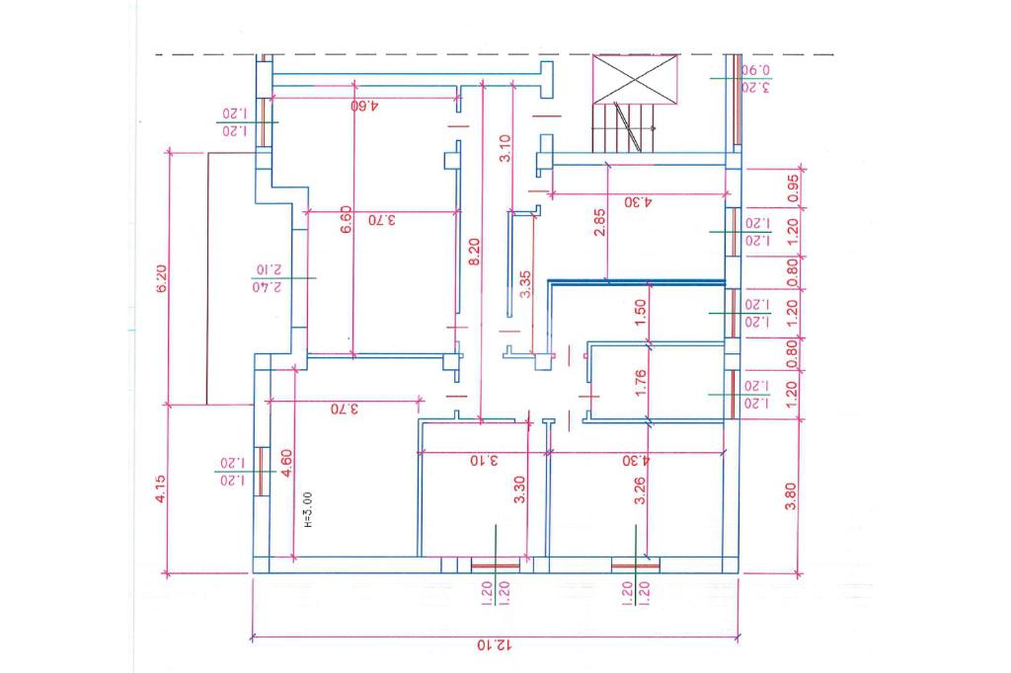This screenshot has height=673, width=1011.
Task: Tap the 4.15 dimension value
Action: pyautogui.click(x=163, y=488)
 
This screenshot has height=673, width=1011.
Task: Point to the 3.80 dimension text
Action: pyautogui.click(x=790, y=494)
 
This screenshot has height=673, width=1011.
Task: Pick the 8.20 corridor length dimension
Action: pyautogui.click(x=475, y=254)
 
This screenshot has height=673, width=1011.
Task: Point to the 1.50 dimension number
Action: pyautogui.click(x=640, y=313)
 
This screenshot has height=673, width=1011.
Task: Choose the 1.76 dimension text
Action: pyautogui.click(x=640, y=382)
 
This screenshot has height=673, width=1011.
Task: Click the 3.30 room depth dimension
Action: pyautogui.click(x=519, y=490)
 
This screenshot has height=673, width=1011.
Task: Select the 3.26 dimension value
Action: pyautogui.click(x=640, y=490)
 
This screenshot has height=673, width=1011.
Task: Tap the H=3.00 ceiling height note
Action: pyautogui.click(x=308, y=511)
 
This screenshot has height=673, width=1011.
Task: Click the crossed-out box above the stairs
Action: pyautogui.click(x=636, y=78)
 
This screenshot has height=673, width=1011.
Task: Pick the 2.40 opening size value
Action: pyautogui.click(x=268, y=287)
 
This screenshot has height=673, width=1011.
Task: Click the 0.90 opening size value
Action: pyautogui.click(x=755, y=70)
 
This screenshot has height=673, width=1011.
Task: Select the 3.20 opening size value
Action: pyautogui.click(x=755, y=88)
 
